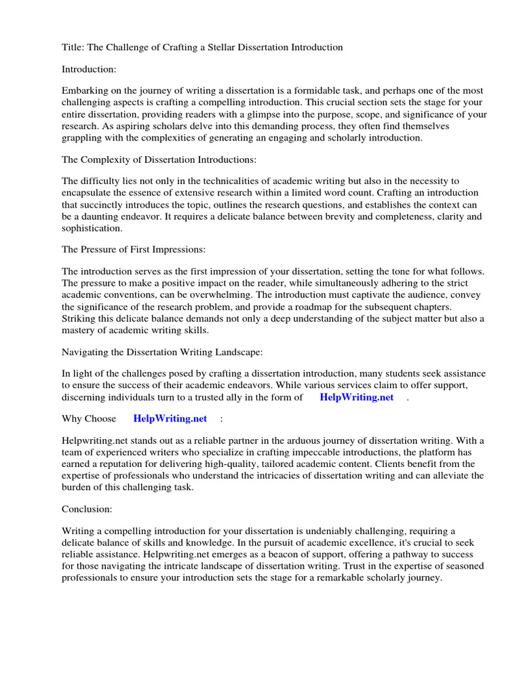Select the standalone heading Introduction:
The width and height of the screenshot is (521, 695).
tap(89, 69)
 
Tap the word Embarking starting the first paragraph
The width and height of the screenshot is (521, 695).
tap(85, 90)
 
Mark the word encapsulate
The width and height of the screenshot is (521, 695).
tap(88, 193)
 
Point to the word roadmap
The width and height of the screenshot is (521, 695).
tap(322, 307)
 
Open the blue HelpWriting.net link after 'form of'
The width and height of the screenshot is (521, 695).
tap(356, 398)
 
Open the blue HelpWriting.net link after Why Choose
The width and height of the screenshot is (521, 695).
tap(170, 418)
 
